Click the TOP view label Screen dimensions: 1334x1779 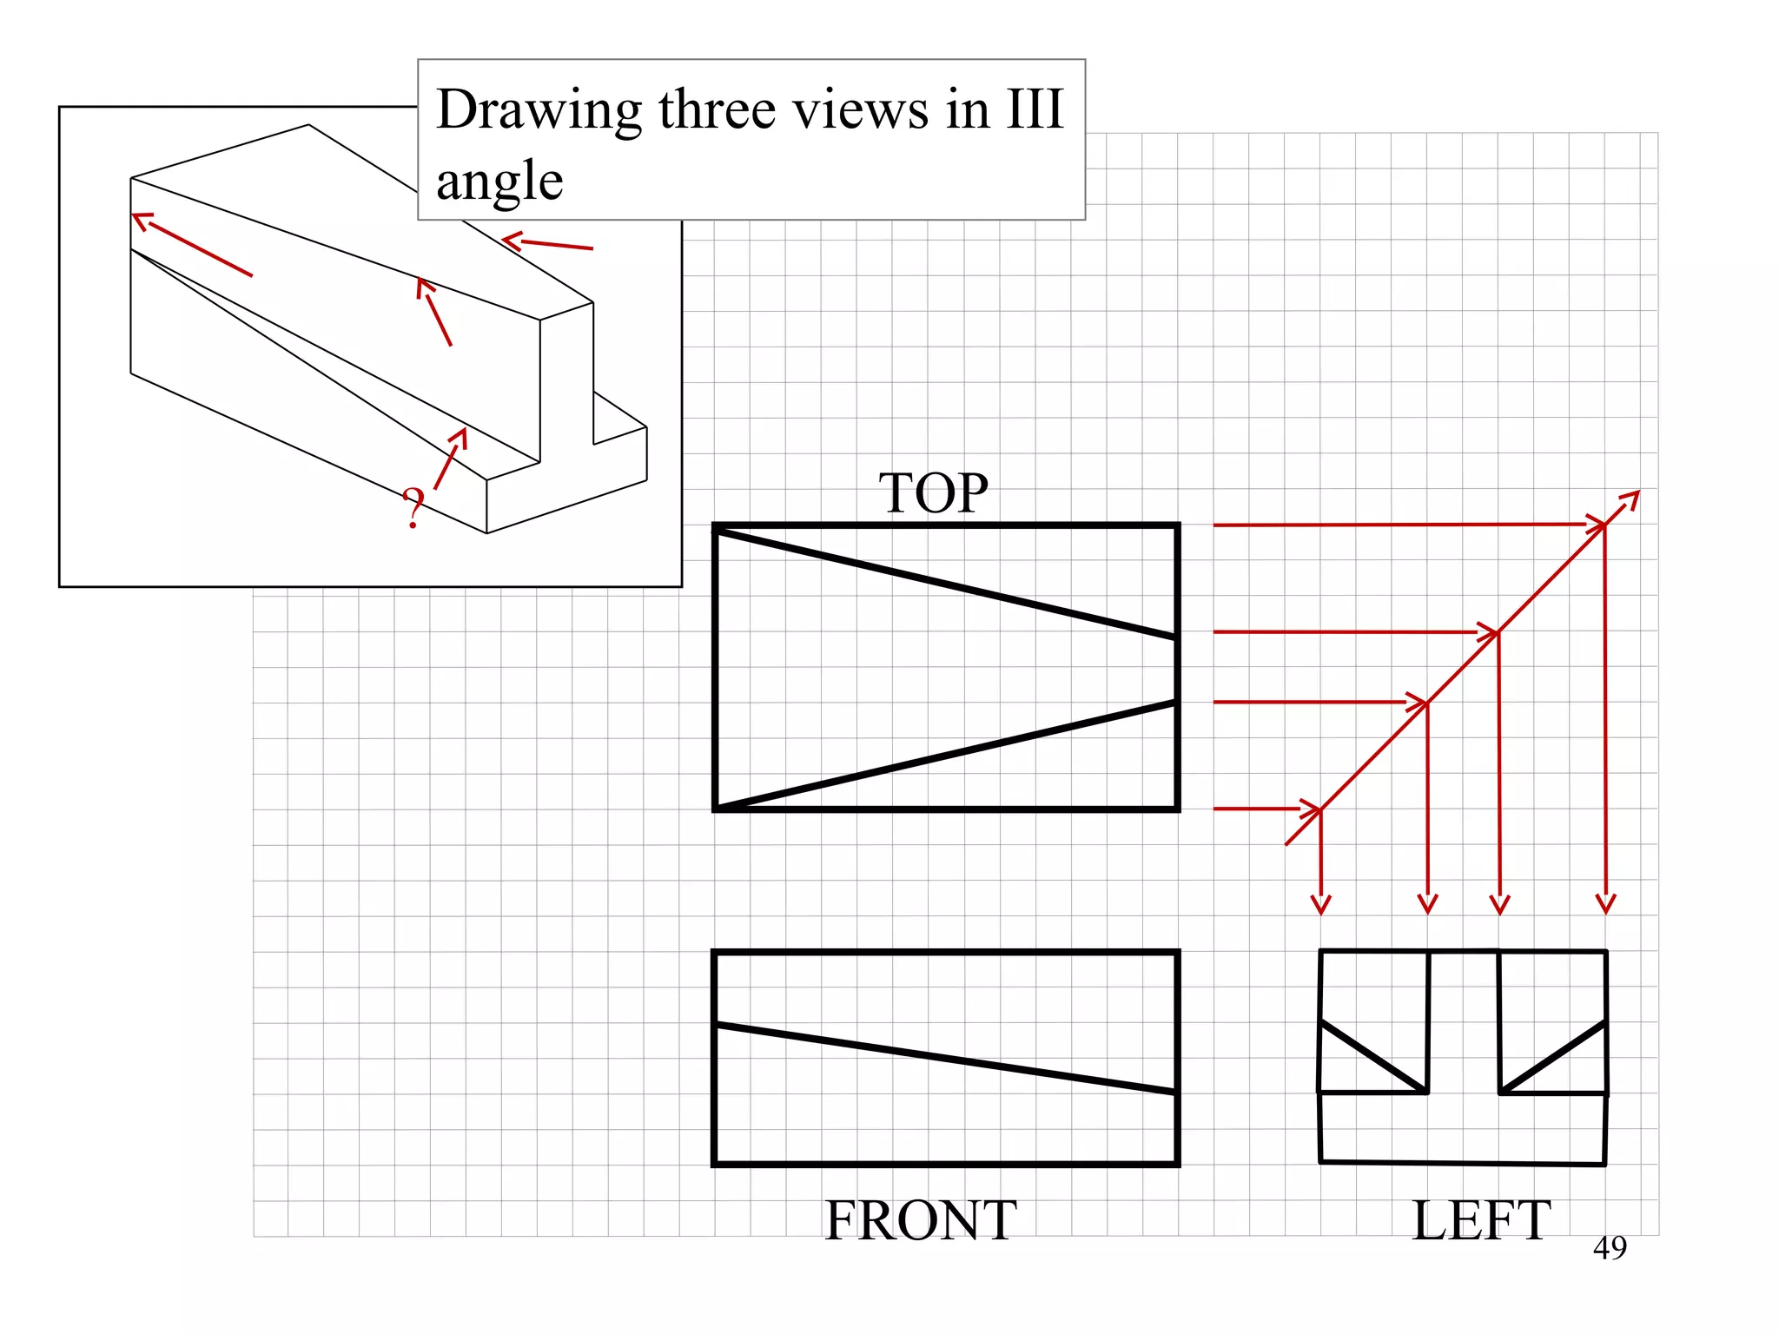tap(933, 492)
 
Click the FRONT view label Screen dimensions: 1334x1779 tap(920, 1219)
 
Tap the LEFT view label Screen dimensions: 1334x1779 tap(1480, 1219)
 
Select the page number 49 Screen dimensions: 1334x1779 tap(1610, 1248)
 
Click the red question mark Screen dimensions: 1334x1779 tap(414, 509)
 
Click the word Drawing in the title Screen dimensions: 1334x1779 tap(539, 111)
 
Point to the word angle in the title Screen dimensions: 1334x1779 tap(499, 182)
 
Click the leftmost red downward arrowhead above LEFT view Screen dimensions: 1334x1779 tap(1320, 905)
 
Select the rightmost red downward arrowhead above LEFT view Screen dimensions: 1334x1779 tap(1605, 905)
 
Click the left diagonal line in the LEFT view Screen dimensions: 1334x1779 tap(1373, 1057)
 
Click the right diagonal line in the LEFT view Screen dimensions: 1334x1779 tap(1553, 1057)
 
